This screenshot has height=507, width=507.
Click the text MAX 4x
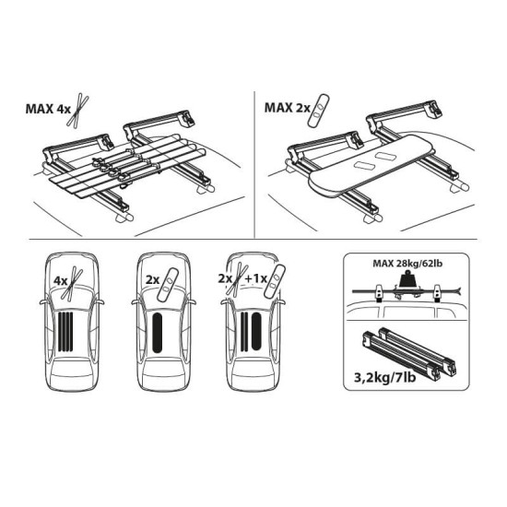(48, 109)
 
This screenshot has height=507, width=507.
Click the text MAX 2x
(287, 108)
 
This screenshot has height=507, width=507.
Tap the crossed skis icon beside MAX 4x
(78, 110)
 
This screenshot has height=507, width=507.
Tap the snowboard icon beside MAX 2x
(318, 110)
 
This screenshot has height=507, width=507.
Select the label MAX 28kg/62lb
(407, 264)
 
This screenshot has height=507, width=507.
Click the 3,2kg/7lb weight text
(384, 377)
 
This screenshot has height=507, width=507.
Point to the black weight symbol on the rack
(408, 279)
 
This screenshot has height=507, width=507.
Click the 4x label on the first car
(61, 280)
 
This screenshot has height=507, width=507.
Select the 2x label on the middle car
(153, 279)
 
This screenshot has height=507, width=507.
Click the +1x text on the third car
(255, 278)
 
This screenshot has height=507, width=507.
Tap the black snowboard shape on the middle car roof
(158, 333)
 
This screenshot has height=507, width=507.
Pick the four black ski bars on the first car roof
(65, 332)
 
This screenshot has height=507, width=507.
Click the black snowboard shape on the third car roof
(256, 332)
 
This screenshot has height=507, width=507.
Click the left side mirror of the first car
(43, 302)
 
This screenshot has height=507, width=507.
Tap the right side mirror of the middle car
(192, 302)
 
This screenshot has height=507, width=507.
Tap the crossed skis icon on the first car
(73, 282)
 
